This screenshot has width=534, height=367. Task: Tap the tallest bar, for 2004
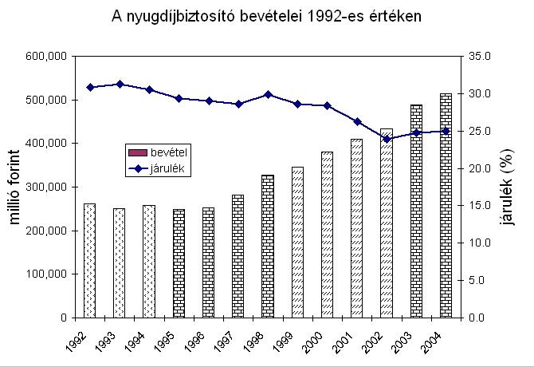tap(446, 206)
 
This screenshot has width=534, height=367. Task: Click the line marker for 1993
tap(120, 84)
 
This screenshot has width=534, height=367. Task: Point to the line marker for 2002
tap(387, 139)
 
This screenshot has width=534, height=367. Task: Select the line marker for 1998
tap(268, 94)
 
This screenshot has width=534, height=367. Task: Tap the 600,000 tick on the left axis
tap(46, 57)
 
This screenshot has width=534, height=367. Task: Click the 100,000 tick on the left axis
tap(46, 274)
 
